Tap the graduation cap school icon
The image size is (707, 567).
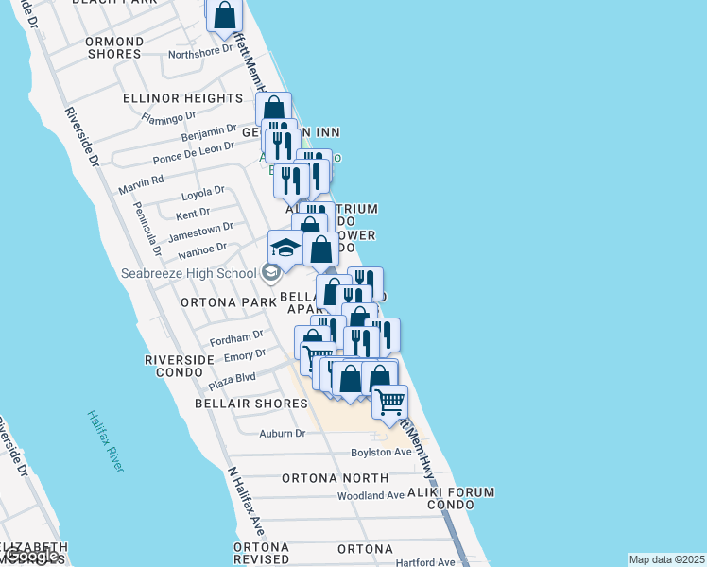click(285, 249)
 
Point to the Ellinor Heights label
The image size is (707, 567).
click(182, 98)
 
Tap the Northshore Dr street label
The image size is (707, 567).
click(200, 54)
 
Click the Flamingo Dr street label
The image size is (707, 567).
click(169, 117)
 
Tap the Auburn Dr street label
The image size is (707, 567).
click(283, 434)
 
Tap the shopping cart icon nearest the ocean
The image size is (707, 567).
click(389, 402)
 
